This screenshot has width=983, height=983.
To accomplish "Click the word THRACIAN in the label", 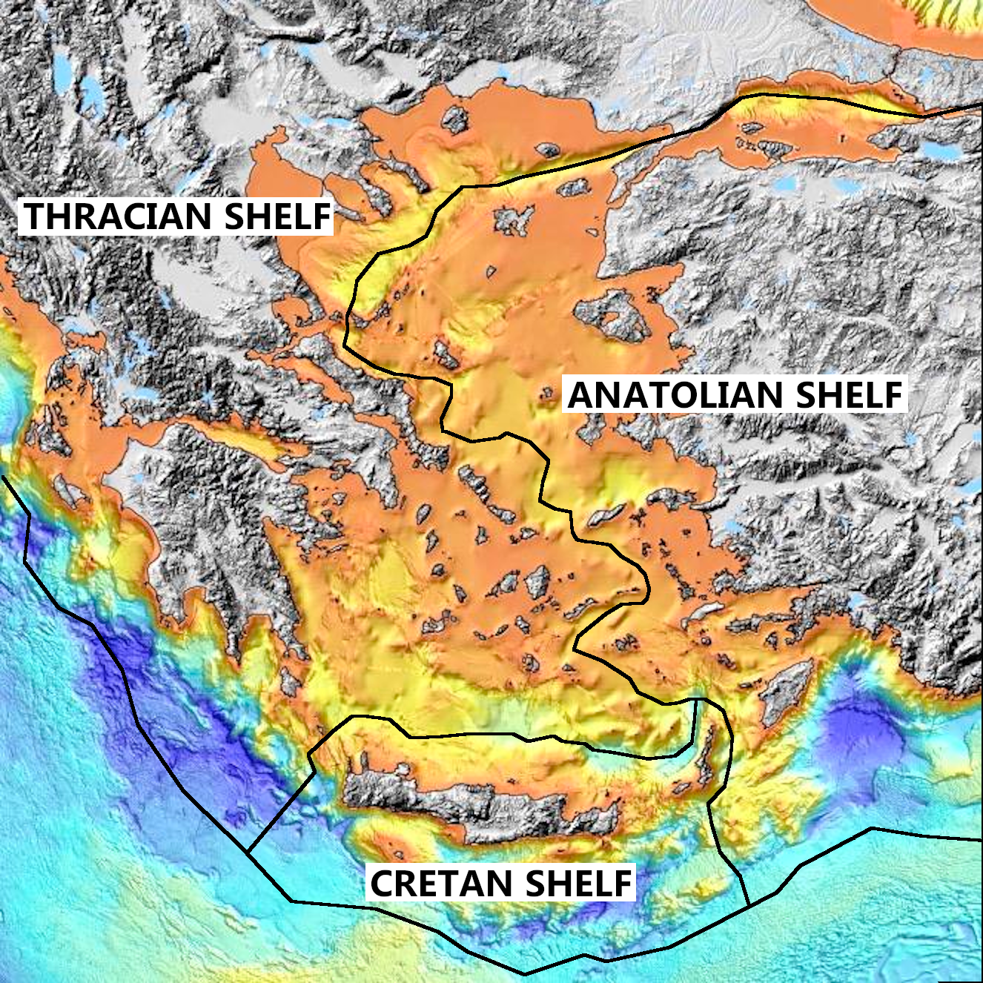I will tap(119, 216).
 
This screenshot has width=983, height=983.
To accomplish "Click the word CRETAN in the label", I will tap(441, 883).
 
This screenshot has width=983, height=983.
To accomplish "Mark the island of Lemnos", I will tap(515, 219).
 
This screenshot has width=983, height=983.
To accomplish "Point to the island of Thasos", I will tap(454, 119).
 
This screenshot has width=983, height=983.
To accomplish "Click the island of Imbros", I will tap(572, 189).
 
